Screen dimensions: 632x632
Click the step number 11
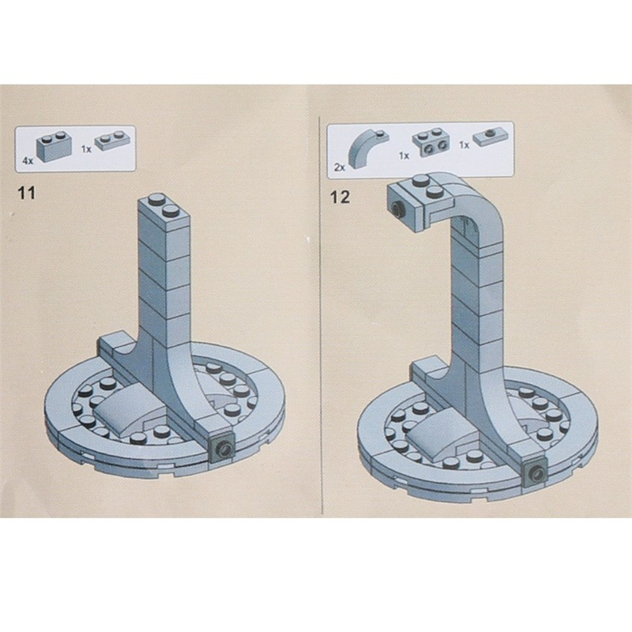27,193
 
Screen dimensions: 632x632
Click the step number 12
340,197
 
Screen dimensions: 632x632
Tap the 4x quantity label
28,161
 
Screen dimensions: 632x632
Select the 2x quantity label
340,167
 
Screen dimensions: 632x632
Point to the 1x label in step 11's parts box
86,149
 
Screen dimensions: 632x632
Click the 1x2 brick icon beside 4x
55,145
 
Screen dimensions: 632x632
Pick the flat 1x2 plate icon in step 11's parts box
112,141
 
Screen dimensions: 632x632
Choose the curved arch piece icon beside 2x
367,149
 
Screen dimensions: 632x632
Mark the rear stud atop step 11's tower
156,199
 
